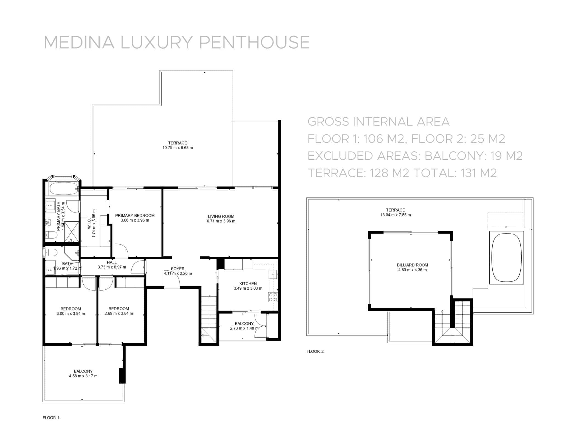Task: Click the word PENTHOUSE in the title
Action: pyautogui.click(x=254, y=42)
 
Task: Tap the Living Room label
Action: pyautogui.click(x=221, y=216)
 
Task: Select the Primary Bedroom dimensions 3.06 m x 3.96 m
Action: pyautogui.click(x=135, y=220)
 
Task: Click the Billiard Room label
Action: pyautogui.click(x=412, y=265)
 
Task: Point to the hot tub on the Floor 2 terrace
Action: pyautogui.click(x=506, y=258)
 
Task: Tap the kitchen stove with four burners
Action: pyautogui.click(x=273, y=297)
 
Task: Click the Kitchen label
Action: pyautogui.click(x=248, y=284)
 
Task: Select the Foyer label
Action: pyautogui.click(x=178, y=269)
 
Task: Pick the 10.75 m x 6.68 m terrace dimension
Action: pyautogui.click(x=177, y=148)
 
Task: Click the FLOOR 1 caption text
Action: pyautogui.click(x=51, y=418)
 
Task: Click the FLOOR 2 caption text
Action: pyautogui.click(x=315, y=351)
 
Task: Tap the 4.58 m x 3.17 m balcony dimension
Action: pyautogui.click(x=83, y=376)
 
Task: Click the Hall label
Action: pyautogui.click(x=112, y=262)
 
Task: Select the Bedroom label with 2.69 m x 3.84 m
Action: pyautogui.click(x=118, y=309)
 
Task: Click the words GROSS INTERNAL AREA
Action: pyautogui.click(x=378, y=122)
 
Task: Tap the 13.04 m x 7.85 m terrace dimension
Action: pyautogui.click(x=395, y=215)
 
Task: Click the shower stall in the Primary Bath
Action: pyautogui.click(x=71, y=232)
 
